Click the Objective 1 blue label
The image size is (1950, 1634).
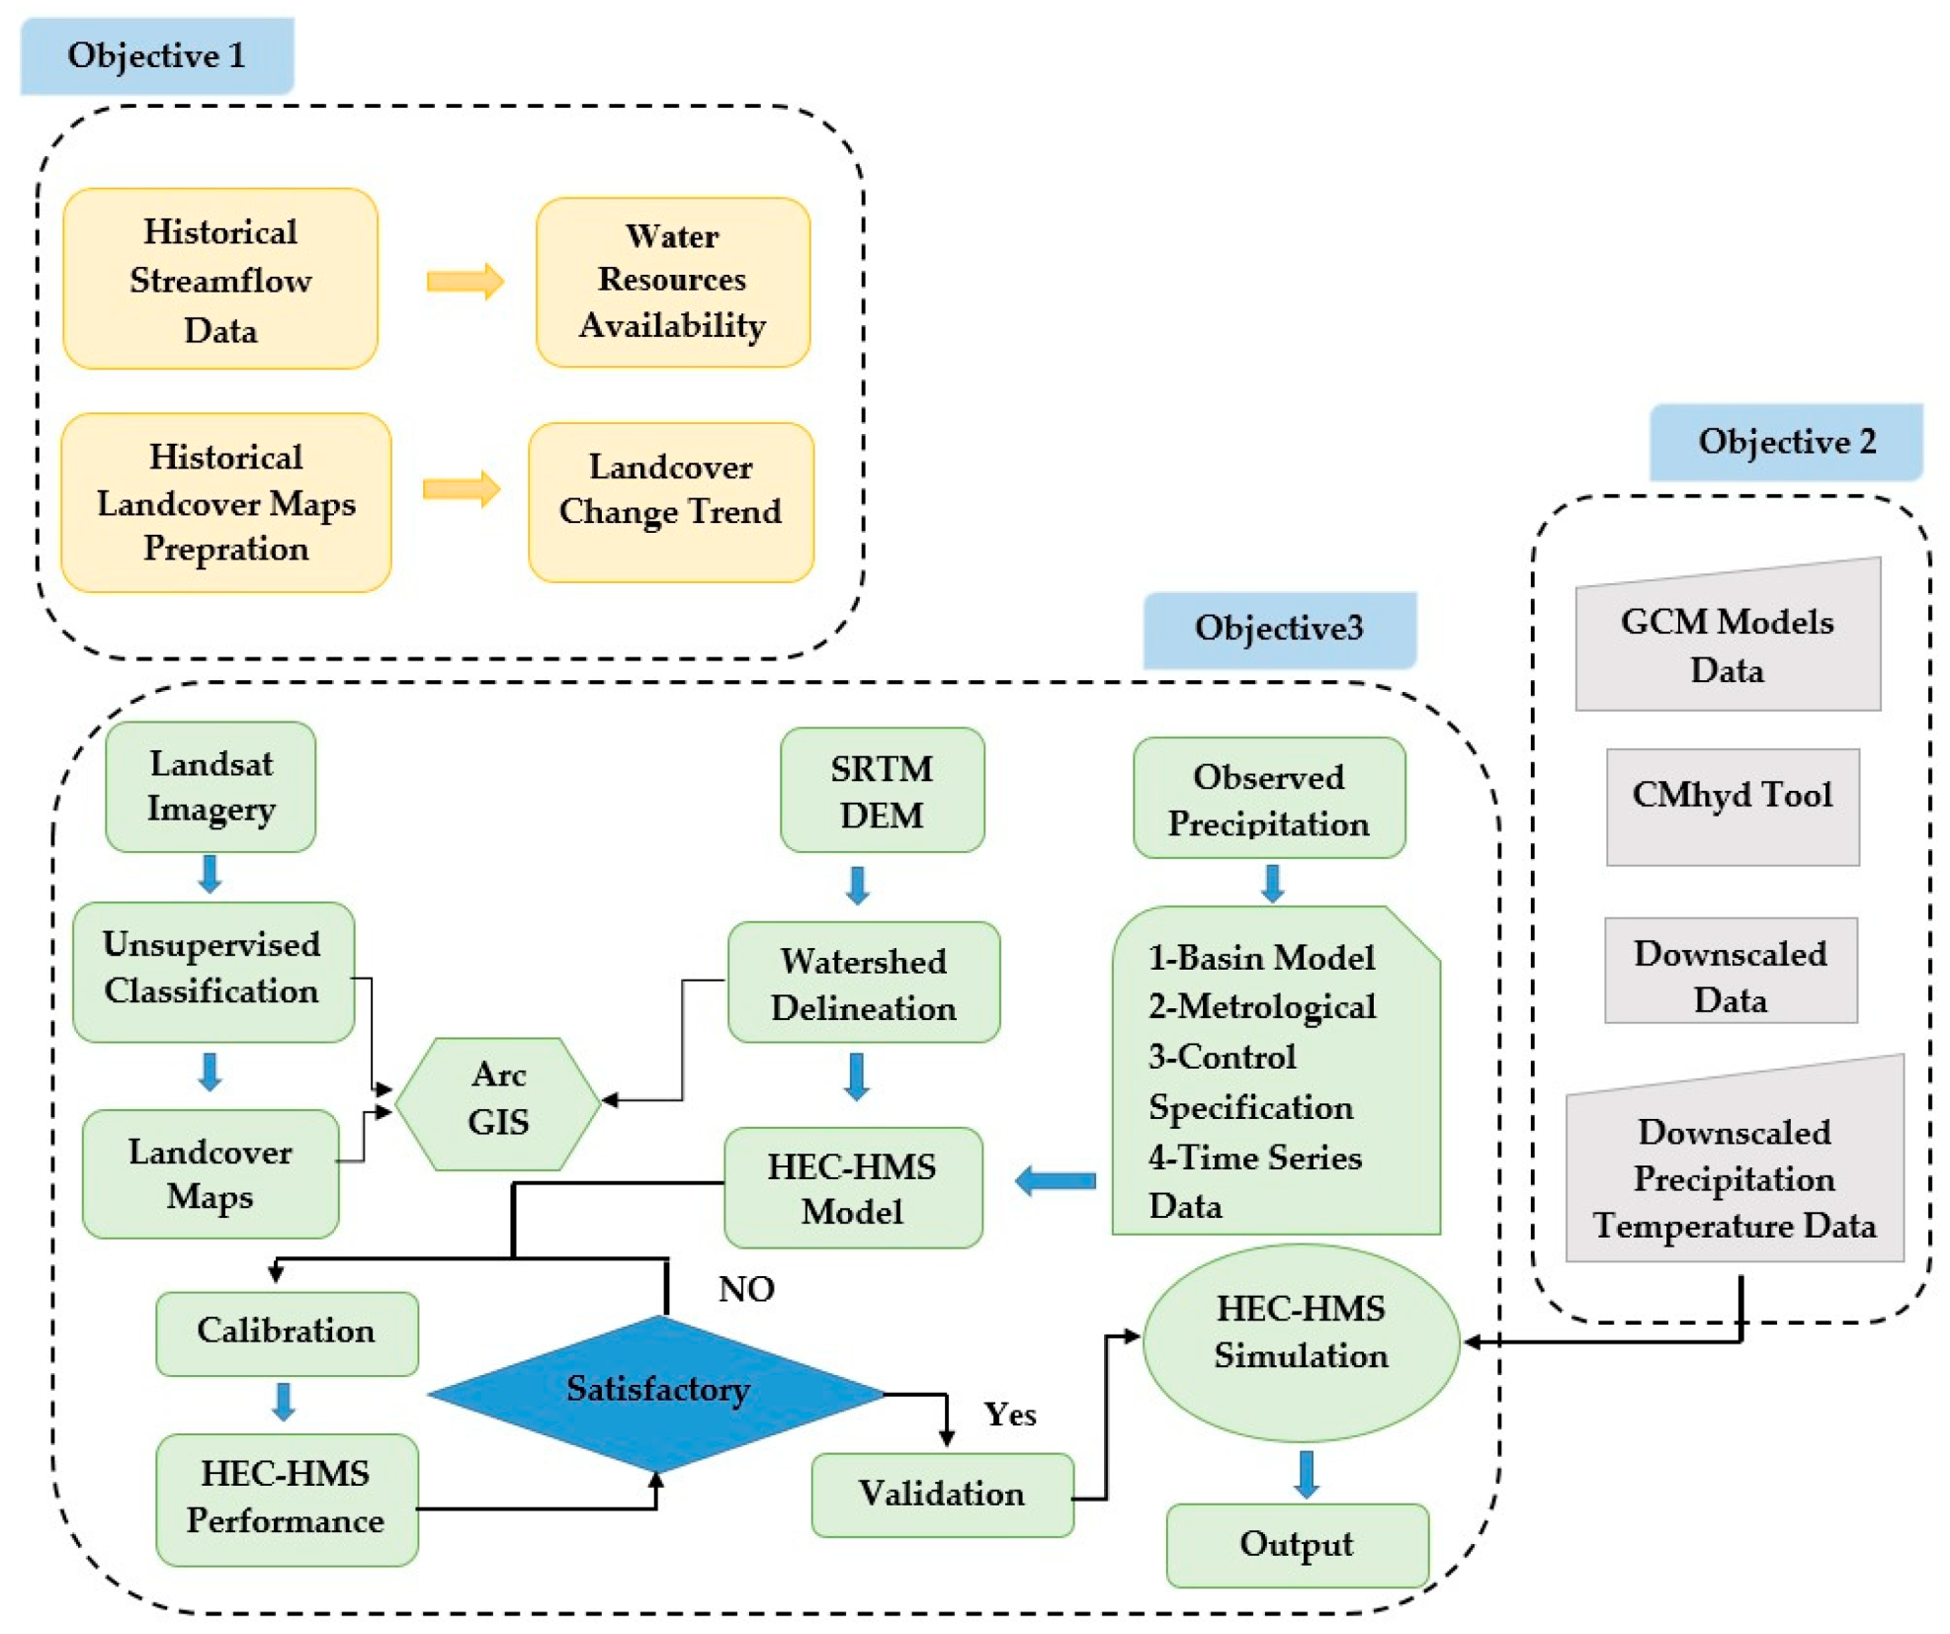[156, 55]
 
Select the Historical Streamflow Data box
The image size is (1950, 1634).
[219, 279]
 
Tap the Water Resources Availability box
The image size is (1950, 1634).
[672, 282]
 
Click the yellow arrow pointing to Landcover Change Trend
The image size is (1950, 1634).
[461, 488]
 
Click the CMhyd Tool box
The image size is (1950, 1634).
[1731, 806]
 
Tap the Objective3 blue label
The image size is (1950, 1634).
[1278, 629]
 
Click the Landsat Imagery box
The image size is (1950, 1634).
[210, 786]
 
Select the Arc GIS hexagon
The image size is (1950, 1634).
[497, 1101]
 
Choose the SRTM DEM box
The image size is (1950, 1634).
[881, 791]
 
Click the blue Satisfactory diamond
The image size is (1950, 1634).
[657, 1391]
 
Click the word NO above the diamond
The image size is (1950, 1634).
[745, 1288]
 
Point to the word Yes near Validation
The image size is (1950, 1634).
[1009, 1414]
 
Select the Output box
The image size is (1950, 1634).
[1296, 1543]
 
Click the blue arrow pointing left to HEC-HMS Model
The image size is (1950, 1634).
[1055, 1179]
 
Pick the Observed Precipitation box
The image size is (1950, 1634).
[1268, 799]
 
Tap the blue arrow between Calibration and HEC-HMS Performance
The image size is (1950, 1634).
[284, 1401]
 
